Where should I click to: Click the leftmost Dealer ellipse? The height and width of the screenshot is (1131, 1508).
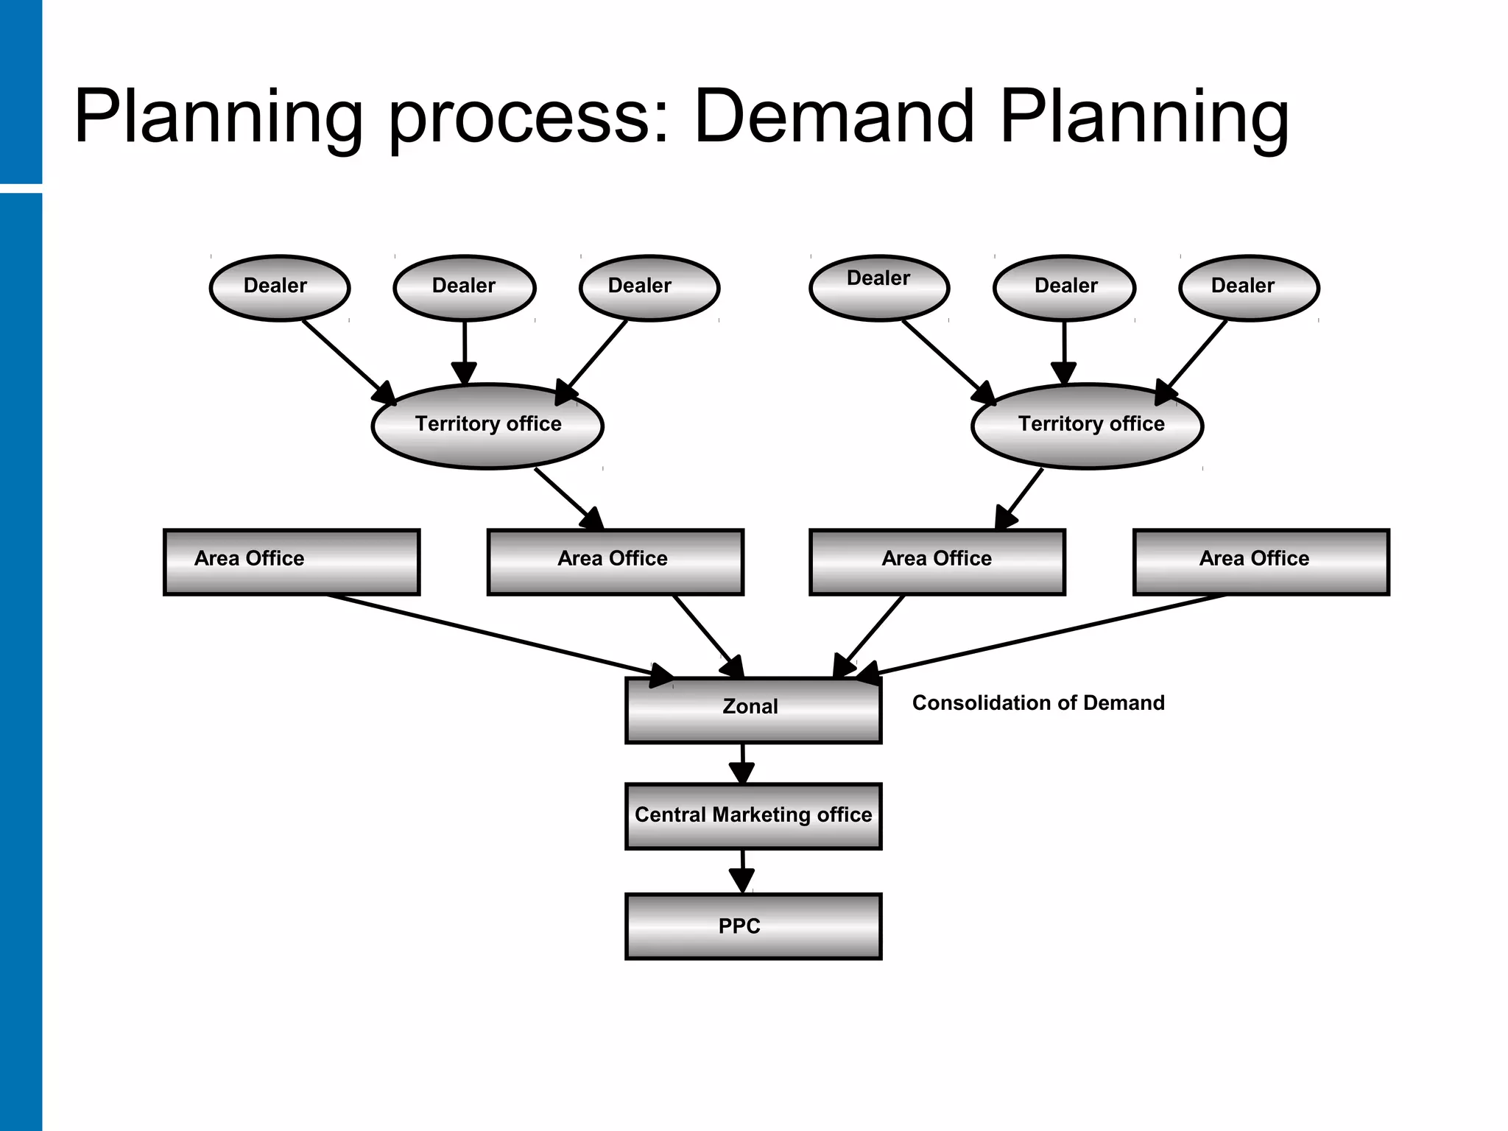pyautogui.click(x=279, y=288)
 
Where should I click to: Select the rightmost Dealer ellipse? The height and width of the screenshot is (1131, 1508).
pyautogui.click(x=1249, y=288)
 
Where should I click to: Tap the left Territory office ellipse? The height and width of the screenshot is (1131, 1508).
pyautogui.click(x=487, y=426)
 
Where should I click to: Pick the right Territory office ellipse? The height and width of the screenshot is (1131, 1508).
pyautogui.click(x=1087, y=426)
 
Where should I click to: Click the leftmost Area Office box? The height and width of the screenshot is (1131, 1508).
pyautogui.click(x=292, y=562)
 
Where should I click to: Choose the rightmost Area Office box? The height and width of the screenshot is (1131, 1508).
pyautogui.click(x=1261, y=562)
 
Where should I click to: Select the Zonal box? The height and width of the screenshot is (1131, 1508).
pyautogui.click(x=753, y=710)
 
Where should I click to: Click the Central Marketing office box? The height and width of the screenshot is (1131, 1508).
pyautogui.click(x=753, y=816)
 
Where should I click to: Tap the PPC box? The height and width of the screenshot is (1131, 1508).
pyautogui.click(x=753, y=926)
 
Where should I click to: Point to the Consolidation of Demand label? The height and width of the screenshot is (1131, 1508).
pyautogui.click(x=1038, y=702)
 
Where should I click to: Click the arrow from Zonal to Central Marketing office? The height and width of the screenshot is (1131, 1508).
pyautogui.click(x=742, y=763)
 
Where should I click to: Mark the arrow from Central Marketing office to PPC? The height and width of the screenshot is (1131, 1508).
pyautogui.click(x=742, y=871)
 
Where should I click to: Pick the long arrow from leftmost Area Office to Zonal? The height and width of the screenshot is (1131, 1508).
pyautogui.click(x=493, y=635)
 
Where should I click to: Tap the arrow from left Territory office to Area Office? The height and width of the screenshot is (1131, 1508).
pyautogui.click(x=568, y=498)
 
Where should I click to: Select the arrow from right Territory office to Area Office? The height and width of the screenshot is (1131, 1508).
pyautogui.click(x=1021, y=498)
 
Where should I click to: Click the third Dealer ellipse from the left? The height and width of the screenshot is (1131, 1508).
pyautogui.click(x=649, y=288)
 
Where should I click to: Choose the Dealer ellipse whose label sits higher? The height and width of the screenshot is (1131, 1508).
pyautogui.click(x=878, y=288)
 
